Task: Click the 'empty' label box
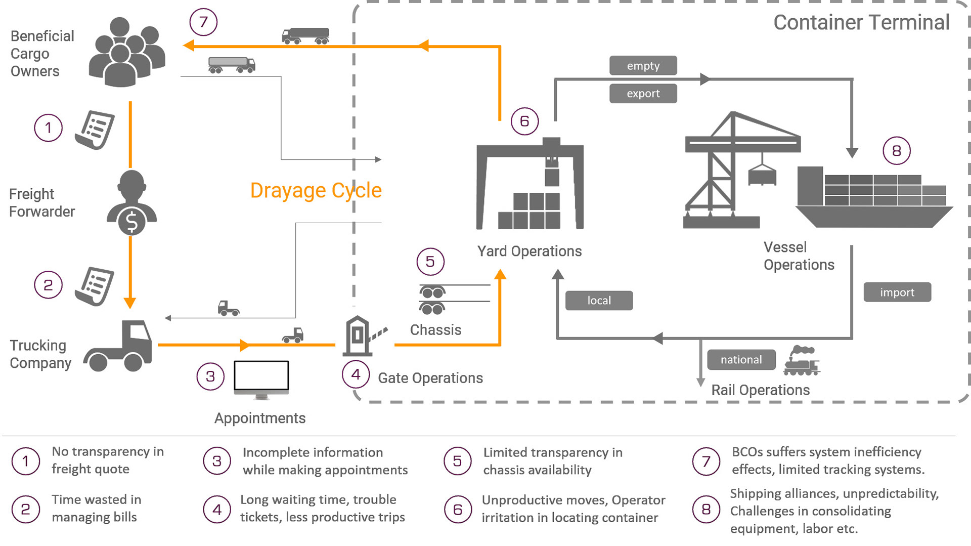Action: pyautogui.click(x=643, y=66)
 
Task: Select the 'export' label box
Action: pyautogui.click(x=643, y=94)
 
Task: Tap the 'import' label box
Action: pyautogui.click(x=897, y=292)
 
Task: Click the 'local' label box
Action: pyautogui.click(x=599, y=301)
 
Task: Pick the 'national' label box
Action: pyautogui.click(x=741, y=360)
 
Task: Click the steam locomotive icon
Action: pyautogui.click(x=801, y=361)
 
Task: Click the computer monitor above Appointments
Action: pyautogui.click(x=261, y=379)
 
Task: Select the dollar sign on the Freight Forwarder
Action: pyautogui.click(x=131, y=222)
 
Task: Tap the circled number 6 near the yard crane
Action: pyautogui.click(x=524, y=121)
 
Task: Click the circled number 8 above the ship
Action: pyautogui.click(x=896, y=151)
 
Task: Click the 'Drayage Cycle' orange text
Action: pyautogui.click(x=316, y=191)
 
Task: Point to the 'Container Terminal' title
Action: pyautogui.click(x=861, y=23)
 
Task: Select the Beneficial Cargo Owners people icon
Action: pyautogui.click(x=126, y=53)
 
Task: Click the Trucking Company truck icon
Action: pyautogui.click(x=119, y=347)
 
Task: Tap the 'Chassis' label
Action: pyautogui.click(x=435, y=330)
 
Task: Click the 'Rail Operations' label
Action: pyautogui.click(x=760, y=390)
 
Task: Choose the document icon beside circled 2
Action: pyautogui.click(x=95, y=286)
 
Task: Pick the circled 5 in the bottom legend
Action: pyautogui.click(x=457, y=461)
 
